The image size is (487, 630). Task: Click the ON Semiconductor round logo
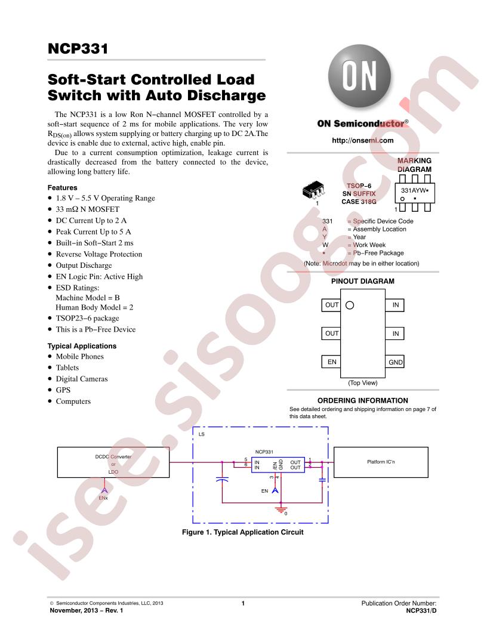point(359,76)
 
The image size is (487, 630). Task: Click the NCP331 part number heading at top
point(78,48)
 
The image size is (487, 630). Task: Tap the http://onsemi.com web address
point(362,140)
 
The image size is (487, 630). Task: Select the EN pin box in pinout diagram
point(331,362)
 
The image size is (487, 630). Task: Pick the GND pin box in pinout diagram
point(395,362)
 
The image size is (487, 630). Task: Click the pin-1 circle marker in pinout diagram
point(350,305)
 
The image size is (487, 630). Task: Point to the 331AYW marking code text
point(415,190)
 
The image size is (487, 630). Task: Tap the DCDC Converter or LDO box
point(113,462)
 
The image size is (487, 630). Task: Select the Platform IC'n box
point(381,462)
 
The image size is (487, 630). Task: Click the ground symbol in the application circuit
point(281,509)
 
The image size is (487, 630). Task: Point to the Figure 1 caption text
point(243,532)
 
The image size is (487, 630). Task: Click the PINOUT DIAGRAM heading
point(362,281)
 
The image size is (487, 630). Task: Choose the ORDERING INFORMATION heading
point(362,400)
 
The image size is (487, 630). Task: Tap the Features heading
point(62,188)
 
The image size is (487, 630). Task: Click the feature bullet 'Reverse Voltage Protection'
point(99,254)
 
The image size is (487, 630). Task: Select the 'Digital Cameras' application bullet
point(82,379)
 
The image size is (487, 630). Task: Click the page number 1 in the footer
point(243,603)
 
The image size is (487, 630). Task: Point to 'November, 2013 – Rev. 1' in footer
point(87,610)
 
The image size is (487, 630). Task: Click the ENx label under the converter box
point(103,498)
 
